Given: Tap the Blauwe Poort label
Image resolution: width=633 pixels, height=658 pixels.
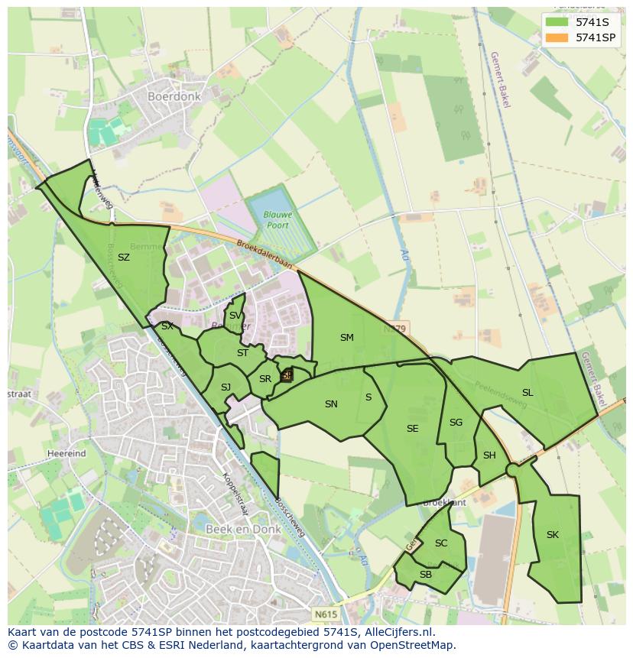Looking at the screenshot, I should point(278,220).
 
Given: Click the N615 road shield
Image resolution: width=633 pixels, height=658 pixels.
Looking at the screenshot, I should point(323,613).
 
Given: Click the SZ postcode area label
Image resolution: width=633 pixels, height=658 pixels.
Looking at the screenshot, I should point(124,258).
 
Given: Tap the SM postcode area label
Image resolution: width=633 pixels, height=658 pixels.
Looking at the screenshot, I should point(347,337).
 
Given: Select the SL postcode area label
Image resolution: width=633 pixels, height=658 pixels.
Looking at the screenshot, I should point(527,393).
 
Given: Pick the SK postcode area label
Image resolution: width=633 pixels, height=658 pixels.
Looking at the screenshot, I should point(553,535).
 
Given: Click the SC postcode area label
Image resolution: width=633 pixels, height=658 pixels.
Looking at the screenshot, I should point(441,543).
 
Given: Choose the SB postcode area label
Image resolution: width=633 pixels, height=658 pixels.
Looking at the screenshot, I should point(426,575).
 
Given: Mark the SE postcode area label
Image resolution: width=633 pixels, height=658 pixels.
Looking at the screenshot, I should point(413,429).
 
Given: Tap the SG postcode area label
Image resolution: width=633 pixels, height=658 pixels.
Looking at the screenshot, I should point(456,423).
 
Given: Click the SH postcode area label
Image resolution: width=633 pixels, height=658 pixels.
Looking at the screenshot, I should point(489,455).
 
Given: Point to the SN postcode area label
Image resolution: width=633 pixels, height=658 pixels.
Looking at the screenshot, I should point(331,404).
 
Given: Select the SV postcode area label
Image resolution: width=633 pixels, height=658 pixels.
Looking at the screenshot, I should point(235,316).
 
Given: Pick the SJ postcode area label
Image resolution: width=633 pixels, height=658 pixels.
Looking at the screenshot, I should point(226,387).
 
